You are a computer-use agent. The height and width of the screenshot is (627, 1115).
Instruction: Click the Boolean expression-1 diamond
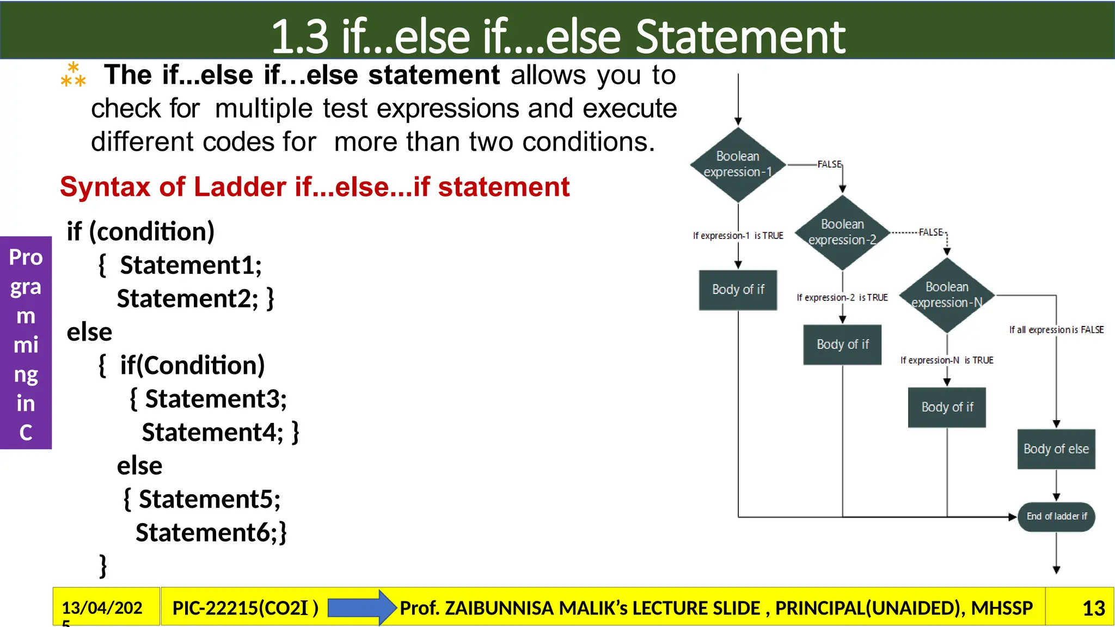[738, 164]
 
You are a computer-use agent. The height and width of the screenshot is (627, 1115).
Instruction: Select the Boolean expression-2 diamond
[842, 232]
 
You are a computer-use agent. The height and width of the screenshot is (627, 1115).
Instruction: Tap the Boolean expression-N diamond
[947, 295]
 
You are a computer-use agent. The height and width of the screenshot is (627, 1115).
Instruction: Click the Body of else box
[1056, 449]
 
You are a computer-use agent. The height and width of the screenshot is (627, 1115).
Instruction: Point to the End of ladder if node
[1056, 517]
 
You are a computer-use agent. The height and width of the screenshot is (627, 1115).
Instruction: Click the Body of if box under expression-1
[738, 290]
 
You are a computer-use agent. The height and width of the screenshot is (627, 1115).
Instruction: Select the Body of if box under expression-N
[947, 407]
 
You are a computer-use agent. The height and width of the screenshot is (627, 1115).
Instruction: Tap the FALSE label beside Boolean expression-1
[829, 164]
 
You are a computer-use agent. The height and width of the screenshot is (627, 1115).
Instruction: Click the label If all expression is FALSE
[1056, 330]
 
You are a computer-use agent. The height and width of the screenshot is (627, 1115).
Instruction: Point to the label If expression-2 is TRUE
[842, 298]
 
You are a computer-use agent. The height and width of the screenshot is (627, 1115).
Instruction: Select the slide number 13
[1093, 608]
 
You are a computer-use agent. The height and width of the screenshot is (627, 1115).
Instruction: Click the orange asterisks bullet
[73, 76]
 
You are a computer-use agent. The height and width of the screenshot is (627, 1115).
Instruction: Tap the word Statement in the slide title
[740, 37]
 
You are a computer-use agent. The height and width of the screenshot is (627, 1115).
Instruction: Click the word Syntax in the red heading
[105, 187]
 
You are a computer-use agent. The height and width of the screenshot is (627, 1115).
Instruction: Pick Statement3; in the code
[216, 399]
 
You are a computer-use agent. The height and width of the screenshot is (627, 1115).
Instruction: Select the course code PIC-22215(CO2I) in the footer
[245, 608]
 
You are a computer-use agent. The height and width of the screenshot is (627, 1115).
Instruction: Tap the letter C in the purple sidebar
[26, 433]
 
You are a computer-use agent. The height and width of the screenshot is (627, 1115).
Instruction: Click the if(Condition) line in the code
[192, 365]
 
